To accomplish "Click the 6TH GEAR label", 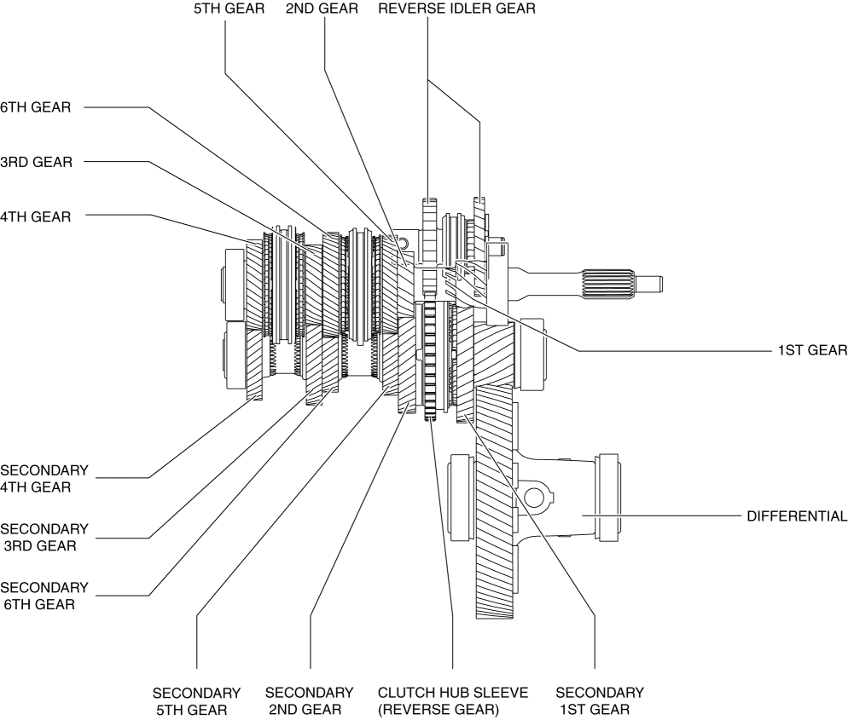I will click(x=35, y=107).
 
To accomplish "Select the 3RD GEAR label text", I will click(x=36, y=162).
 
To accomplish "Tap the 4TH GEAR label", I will click(x=36, y=216).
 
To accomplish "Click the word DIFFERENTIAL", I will click(x=796, y=516).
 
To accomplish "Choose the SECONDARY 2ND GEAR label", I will click(x=310, y=700).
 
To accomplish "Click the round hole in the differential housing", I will click(x=535, y=497).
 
